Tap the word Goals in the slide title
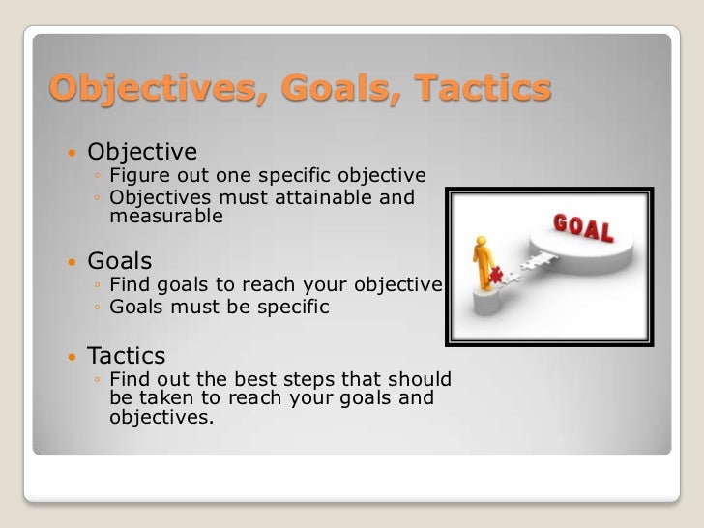point(320,90)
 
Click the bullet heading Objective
point(142,152)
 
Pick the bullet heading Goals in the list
point(119,261)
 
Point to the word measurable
point(165,218)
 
